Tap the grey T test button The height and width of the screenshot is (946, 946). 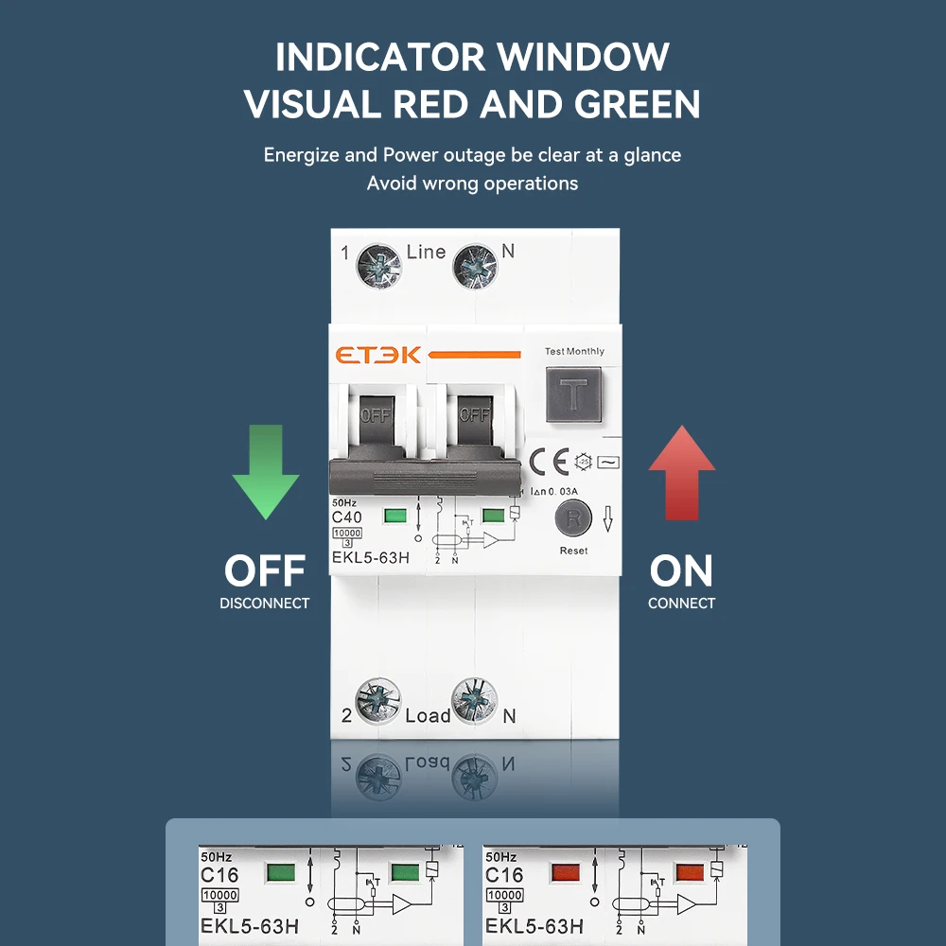573,394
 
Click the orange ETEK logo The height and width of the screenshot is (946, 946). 378,355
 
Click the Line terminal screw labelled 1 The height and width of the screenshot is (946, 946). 377,266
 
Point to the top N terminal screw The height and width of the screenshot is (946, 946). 475,266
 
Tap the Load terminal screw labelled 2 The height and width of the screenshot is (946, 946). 377,701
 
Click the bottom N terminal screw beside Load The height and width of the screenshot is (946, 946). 475,701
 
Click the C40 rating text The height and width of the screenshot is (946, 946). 347,517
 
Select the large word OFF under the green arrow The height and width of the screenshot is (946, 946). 265,571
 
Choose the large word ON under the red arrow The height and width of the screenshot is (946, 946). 681,571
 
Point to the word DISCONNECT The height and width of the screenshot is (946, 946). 265,604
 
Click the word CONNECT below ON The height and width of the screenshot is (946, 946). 681,604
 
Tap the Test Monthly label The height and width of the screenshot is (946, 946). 574,351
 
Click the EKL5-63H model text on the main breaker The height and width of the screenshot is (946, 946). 370,557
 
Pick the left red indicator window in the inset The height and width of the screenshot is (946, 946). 566,872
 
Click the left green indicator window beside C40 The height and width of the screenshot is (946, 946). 394,517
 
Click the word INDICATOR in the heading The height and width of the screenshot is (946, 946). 379,57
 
